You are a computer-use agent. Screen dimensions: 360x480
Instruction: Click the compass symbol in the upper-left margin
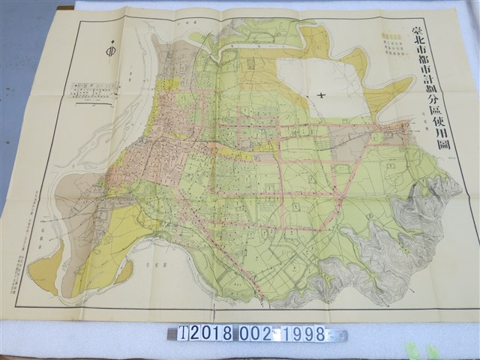click(110, 52)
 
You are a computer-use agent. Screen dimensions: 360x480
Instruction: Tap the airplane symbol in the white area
click(320, 95)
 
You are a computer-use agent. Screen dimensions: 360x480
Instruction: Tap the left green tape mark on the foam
click(411, 349)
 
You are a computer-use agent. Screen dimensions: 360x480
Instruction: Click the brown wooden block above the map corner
click(65, 7)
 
